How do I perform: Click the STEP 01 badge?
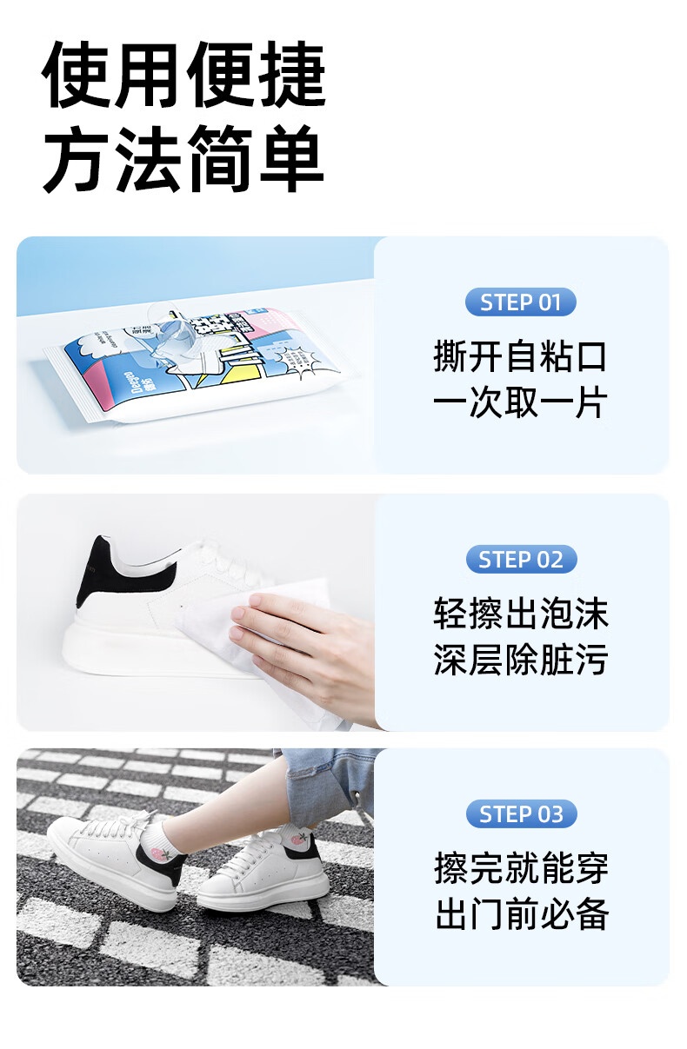tap(520, 302)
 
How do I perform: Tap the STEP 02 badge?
tap(521, 559)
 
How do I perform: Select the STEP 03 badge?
tap(521, 814)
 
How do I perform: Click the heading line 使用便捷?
tap(183, 75)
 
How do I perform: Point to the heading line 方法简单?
tap(183, 159)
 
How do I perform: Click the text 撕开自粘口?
tap(520, 357)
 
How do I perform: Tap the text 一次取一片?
tap(520, 402)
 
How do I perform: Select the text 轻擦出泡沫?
tap(521, 614)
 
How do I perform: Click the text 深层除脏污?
tap(521, 659)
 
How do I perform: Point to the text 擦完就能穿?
tap(522, 867)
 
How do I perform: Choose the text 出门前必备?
tap(522, 913)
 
